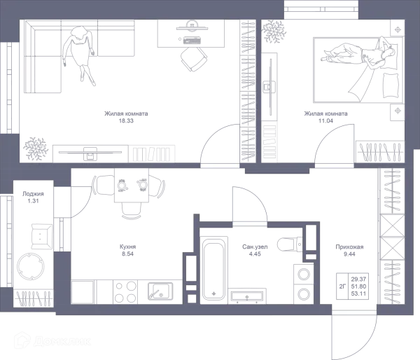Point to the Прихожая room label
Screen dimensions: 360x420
tap(348, 249)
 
